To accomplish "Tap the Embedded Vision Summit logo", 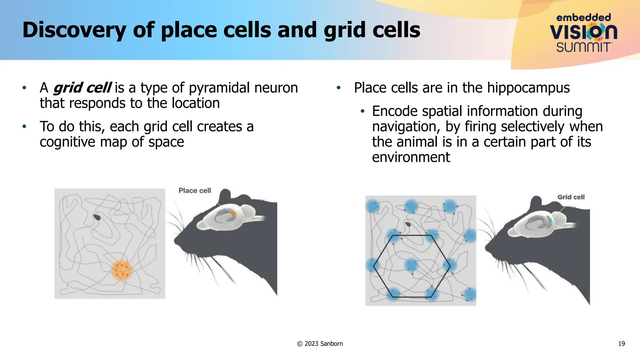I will coord(583,33).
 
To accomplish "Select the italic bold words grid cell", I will coord(82,88).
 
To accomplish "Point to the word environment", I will coord(411,157).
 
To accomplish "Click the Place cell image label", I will coord(195,191).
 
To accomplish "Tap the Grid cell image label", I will coord(571,197).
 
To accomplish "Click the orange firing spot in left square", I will coord(122,270).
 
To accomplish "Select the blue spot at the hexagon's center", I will coord(411,265).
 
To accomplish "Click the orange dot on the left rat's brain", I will coord(233,214).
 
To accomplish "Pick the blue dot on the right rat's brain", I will coord(550,221).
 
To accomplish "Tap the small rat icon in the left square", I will coord(97,217).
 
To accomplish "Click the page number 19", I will coord(621,344).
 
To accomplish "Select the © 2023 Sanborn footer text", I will coord(320,344).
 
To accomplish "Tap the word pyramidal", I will coord(219,88).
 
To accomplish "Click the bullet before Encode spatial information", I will coord(362,111).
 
